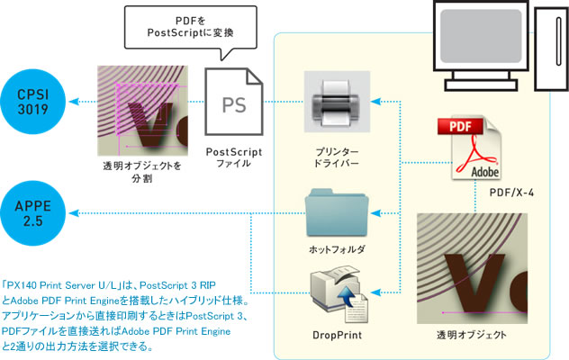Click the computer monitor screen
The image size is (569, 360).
coord(482,35)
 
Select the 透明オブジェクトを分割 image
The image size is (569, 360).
coord(139,111)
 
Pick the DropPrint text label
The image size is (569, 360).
coord(338,334)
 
